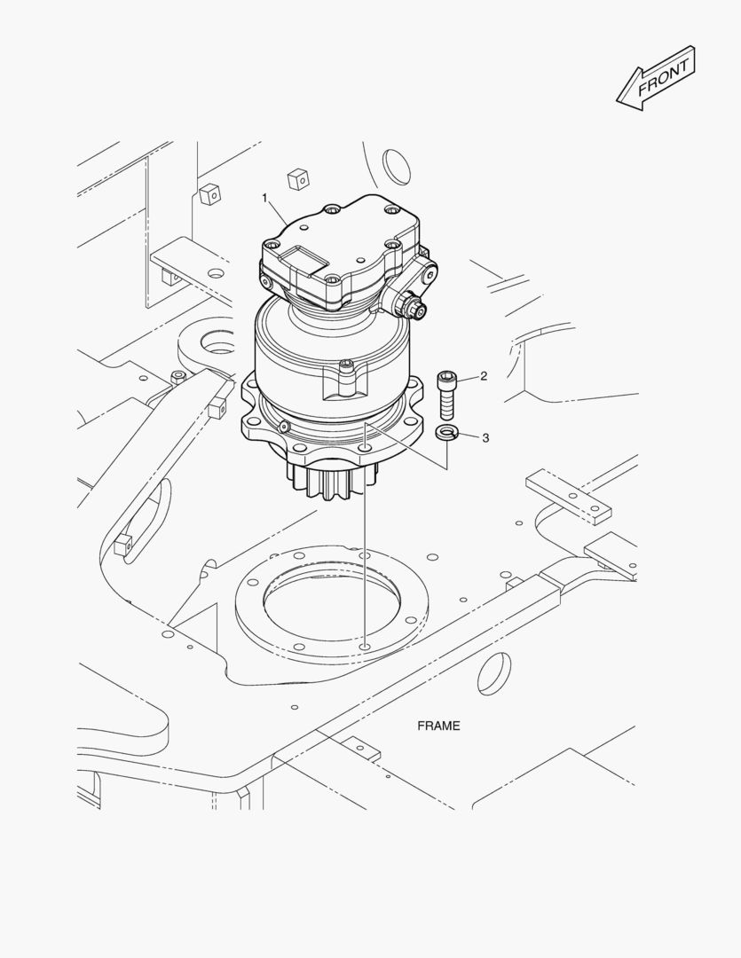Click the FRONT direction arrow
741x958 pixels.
[656, 79]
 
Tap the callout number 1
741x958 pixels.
[264, 196]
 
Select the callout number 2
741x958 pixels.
[484, 376]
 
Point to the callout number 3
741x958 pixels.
[485, 437]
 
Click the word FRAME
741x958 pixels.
[438, 726]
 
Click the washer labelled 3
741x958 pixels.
[445, 433]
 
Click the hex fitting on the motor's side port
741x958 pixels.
[413, 307]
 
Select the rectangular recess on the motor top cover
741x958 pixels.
[300, 260]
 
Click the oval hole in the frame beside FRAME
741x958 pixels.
[494, 673]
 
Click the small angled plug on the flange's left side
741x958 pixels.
[283, 427]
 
